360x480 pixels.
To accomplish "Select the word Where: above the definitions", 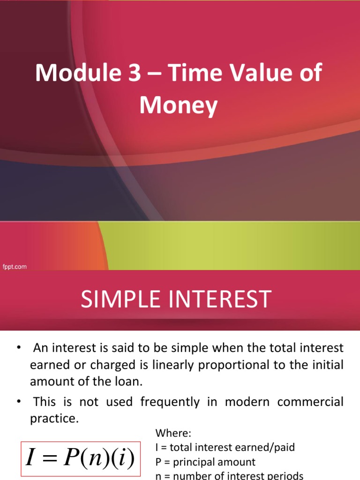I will point(171,433).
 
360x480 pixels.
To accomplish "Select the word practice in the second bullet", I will point(53,418).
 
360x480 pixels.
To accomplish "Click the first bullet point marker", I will point(19,348).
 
